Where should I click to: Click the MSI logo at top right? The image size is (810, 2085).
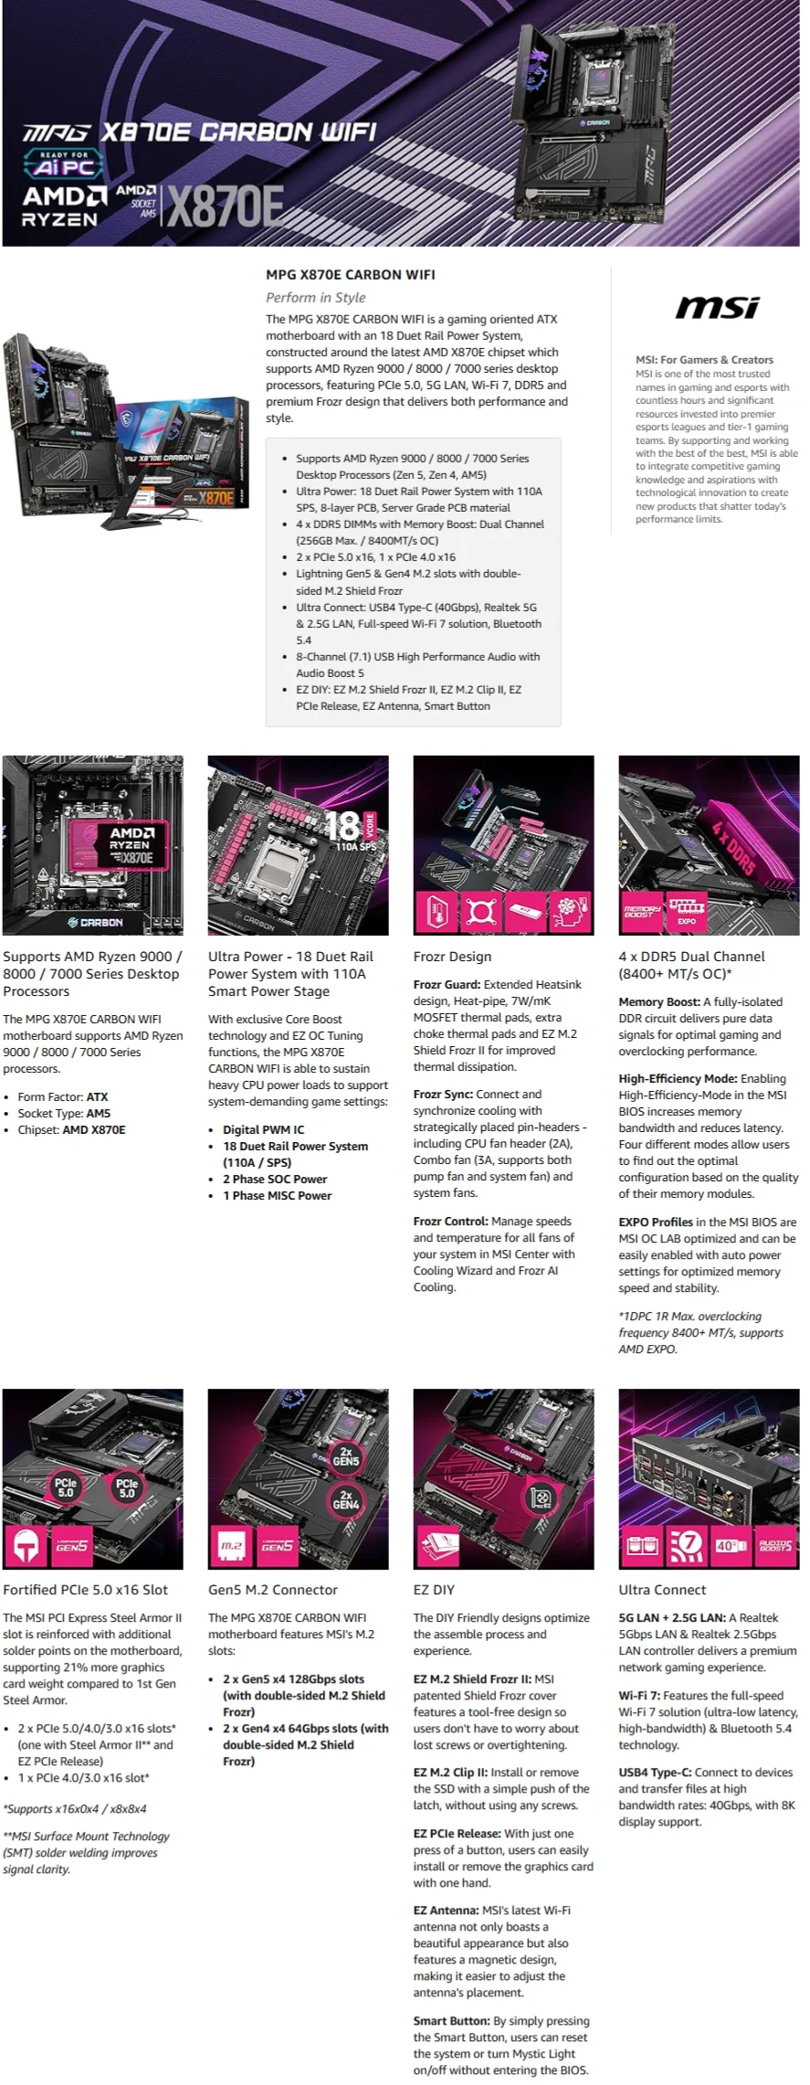click(x=717, y=308)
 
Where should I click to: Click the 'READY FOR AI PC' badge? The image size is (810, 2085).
click(x=64, y=164)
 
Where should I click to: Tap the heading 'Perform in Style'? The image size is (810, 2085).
click(x=315, y=297)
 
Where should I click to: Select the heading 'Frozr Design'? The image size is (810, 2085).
click(x=452, y=957)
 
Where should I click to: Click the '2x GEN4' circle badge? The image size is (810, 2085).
click(x=345, y=1499)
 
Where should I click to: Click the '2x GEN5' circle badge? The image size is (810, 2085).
click(x=345, y=1456)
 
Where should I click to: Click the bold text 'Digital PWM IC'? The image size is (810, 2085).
click(x=263, y=1129)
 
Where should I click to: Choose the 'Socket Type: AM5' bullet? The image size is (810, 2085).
click(x=64, y=1113)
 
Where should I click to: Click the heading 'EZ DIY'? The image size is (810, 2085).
click(x=434, y=1590)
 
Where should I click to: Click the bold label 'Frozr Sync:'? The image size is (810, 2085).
click(x=443, y=1094)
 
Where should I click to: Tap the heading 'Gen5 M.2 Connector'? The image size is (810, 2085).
click(x=272, y=1590)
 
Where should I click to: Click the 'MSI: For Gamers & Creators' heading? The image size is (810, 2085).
click(x=704, y=360)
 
